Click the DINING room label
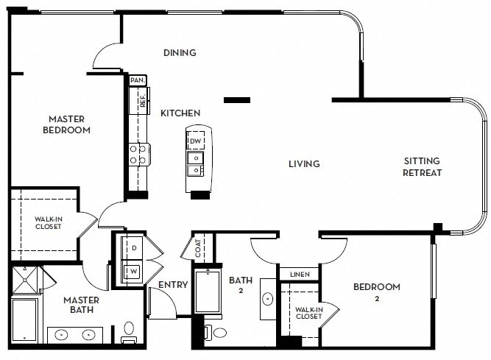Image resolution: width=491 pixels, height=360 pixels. coord(180,52)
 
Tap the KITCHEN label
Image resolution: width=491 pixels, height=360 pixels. coord(180,113)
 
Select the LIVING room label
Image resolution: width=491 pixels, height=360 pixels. coord(304,163)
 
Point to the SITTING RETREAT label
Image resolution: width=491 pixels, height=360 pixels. coord(422,167)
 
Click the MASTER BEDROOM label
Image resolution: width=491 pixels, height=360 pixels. coord(66,124)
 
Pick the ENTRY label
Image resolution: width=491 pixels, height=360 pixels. coord(173,285)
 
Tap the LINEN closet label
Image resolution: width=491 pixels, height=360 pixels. coord(300,275)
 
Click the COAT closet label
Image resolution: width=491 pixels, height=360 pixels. coord(198,248)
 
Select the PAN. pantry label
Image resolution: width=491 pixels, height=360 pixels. coord(138,80)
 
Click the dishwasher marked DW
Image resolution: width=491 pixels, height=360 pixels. coord(196,141)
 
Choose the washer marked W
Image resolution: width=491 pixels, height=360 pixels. coord(133,272)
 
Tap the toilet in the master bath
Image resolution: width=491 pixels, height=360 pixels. coord(129,333)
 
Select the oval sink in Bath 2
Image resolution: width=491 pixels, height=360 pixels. coord(268,299)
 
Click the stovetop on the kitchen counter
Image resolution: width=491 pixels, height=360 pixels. coord(139,155)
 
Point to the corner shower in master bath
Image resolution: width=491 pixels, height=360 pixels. coord(25,280)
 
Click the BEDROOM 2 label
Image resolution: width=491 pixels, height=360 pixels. coord(377,292)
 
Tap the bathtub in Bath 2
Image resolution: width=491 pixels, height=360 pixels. coord(208,292)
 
